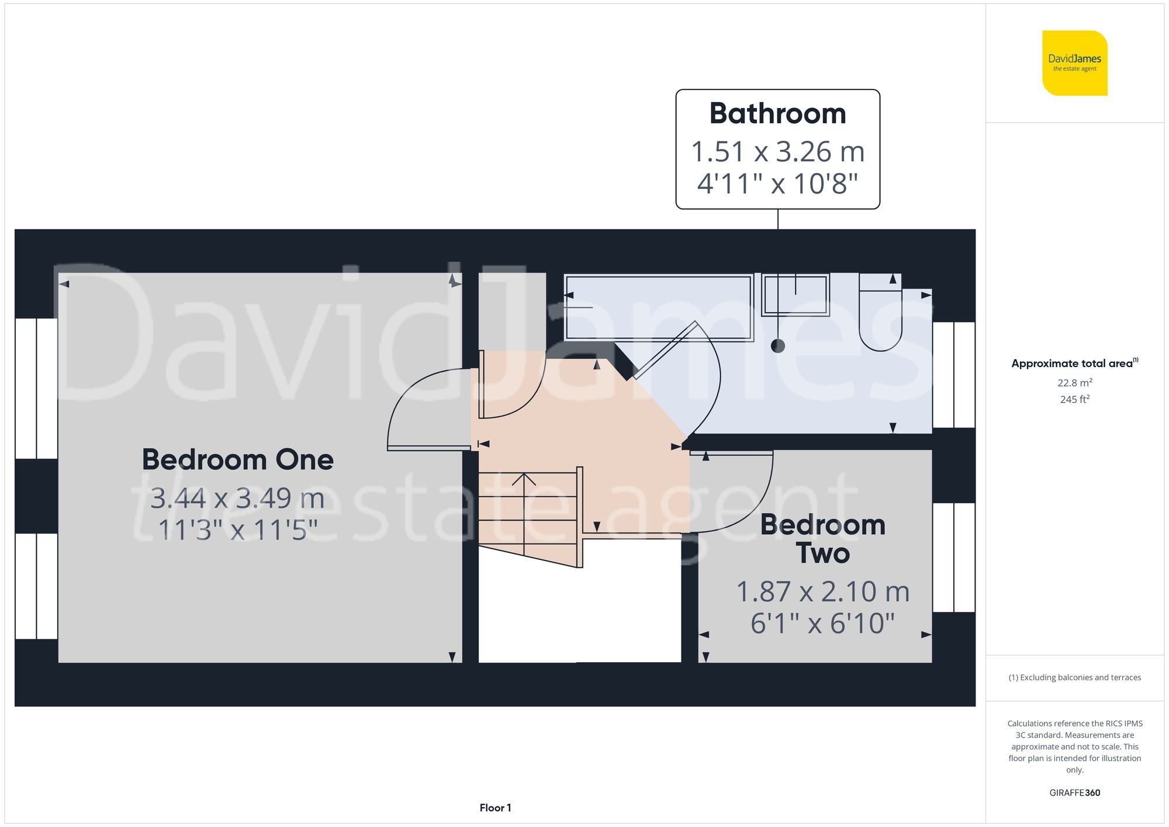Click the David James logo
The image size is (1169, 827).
pyautogui.click(x=1074, y=63)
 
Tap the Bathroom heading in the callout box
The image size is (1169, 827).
pyautogui.click(x=777, y=113)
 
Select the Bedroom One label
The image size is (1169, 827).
pyautogui.click(x=237, y=459)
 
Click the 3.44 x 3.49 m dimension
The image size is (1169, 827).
pyautogui.click(x=237, y=498)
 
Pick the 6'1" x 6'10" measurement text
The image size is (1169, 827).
pyautogui.click(x=822, y=623)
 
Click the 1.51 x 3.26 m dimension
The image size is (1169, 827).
pyautogui.click(x=777, y=152)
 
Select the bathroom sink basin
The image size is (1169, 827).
pyautogui.click(x=796, y=295)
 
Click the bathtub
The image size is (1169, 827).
pyautogui.click(x=658, y=307)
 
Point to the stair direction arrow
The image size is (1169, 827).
pyautogui.click(x=524, y=480)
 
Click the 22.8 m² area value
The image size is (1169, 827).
pyautogui.click(x=1074, y=383)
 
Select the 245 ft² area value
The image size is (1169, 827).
pyautogui.click(x=1074, y=399)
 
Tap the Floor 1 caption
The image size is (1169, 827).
pyautogui.click(x=495, y=808)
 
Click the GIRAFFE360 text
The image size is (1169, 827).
pyautogui.click(x=1074, y=793)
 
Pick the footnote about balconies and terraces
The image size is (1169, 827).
pyautogui.click(x=1074, y=677)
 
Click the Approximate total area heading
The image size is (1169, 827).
pyautogui.click(x=1074, y=363)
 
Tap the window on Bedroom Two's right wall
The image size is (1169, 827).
pyautogui.click(x=953, y=557)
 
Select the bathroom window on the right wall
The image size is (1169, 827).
pyautogui.click(x=953, y=375)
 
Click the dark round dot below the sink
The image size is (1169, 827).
pyautogui.click(x=778, y=346)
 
